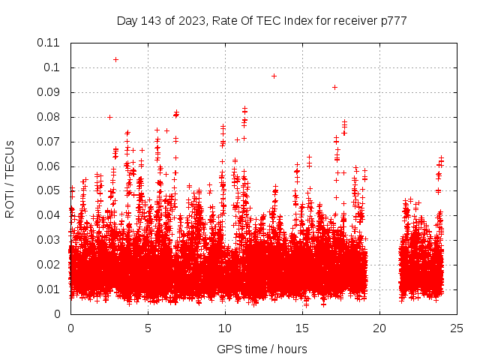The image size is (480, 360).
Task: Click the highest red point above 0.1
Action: click(115, 59)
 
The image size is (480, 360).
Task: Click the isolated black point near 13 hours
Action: click(274, 76)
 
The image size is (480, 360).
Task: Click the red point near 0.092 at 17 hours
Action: click(334, 87)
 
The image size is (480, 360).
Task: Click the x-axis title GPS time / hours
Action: click(262, 349)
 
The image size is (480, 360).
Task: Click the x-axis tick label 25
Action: click(456, 328)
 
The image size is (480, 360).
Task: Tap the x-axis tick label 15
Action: click(301, 328)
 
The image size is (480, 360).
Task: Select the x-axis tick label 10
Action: click(224, 328)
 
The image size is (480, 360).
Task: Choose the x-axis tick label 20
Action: click(379, 328)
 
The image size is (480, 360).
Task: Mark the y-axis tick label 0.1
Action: click(52, 67)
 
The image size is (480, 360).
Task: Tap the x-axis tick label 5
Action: click(148, 328)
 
